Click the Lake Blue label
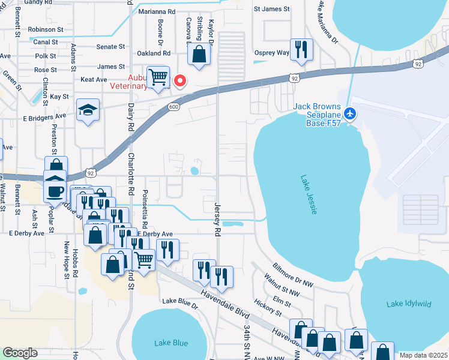170,343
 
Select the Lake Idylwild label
408,304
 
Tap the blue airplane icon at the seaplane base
351,113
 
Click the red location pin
179,81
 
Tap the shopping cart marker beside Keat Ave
157,77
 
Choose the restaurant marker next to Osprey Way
300,49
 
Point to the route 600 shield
173,107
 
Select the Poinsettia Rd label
145,208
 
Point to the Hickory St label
268,309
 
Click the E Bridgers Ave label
44,115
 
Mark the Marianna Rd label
157,11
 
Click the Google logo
20,353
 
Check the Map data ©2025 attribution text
423,355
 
